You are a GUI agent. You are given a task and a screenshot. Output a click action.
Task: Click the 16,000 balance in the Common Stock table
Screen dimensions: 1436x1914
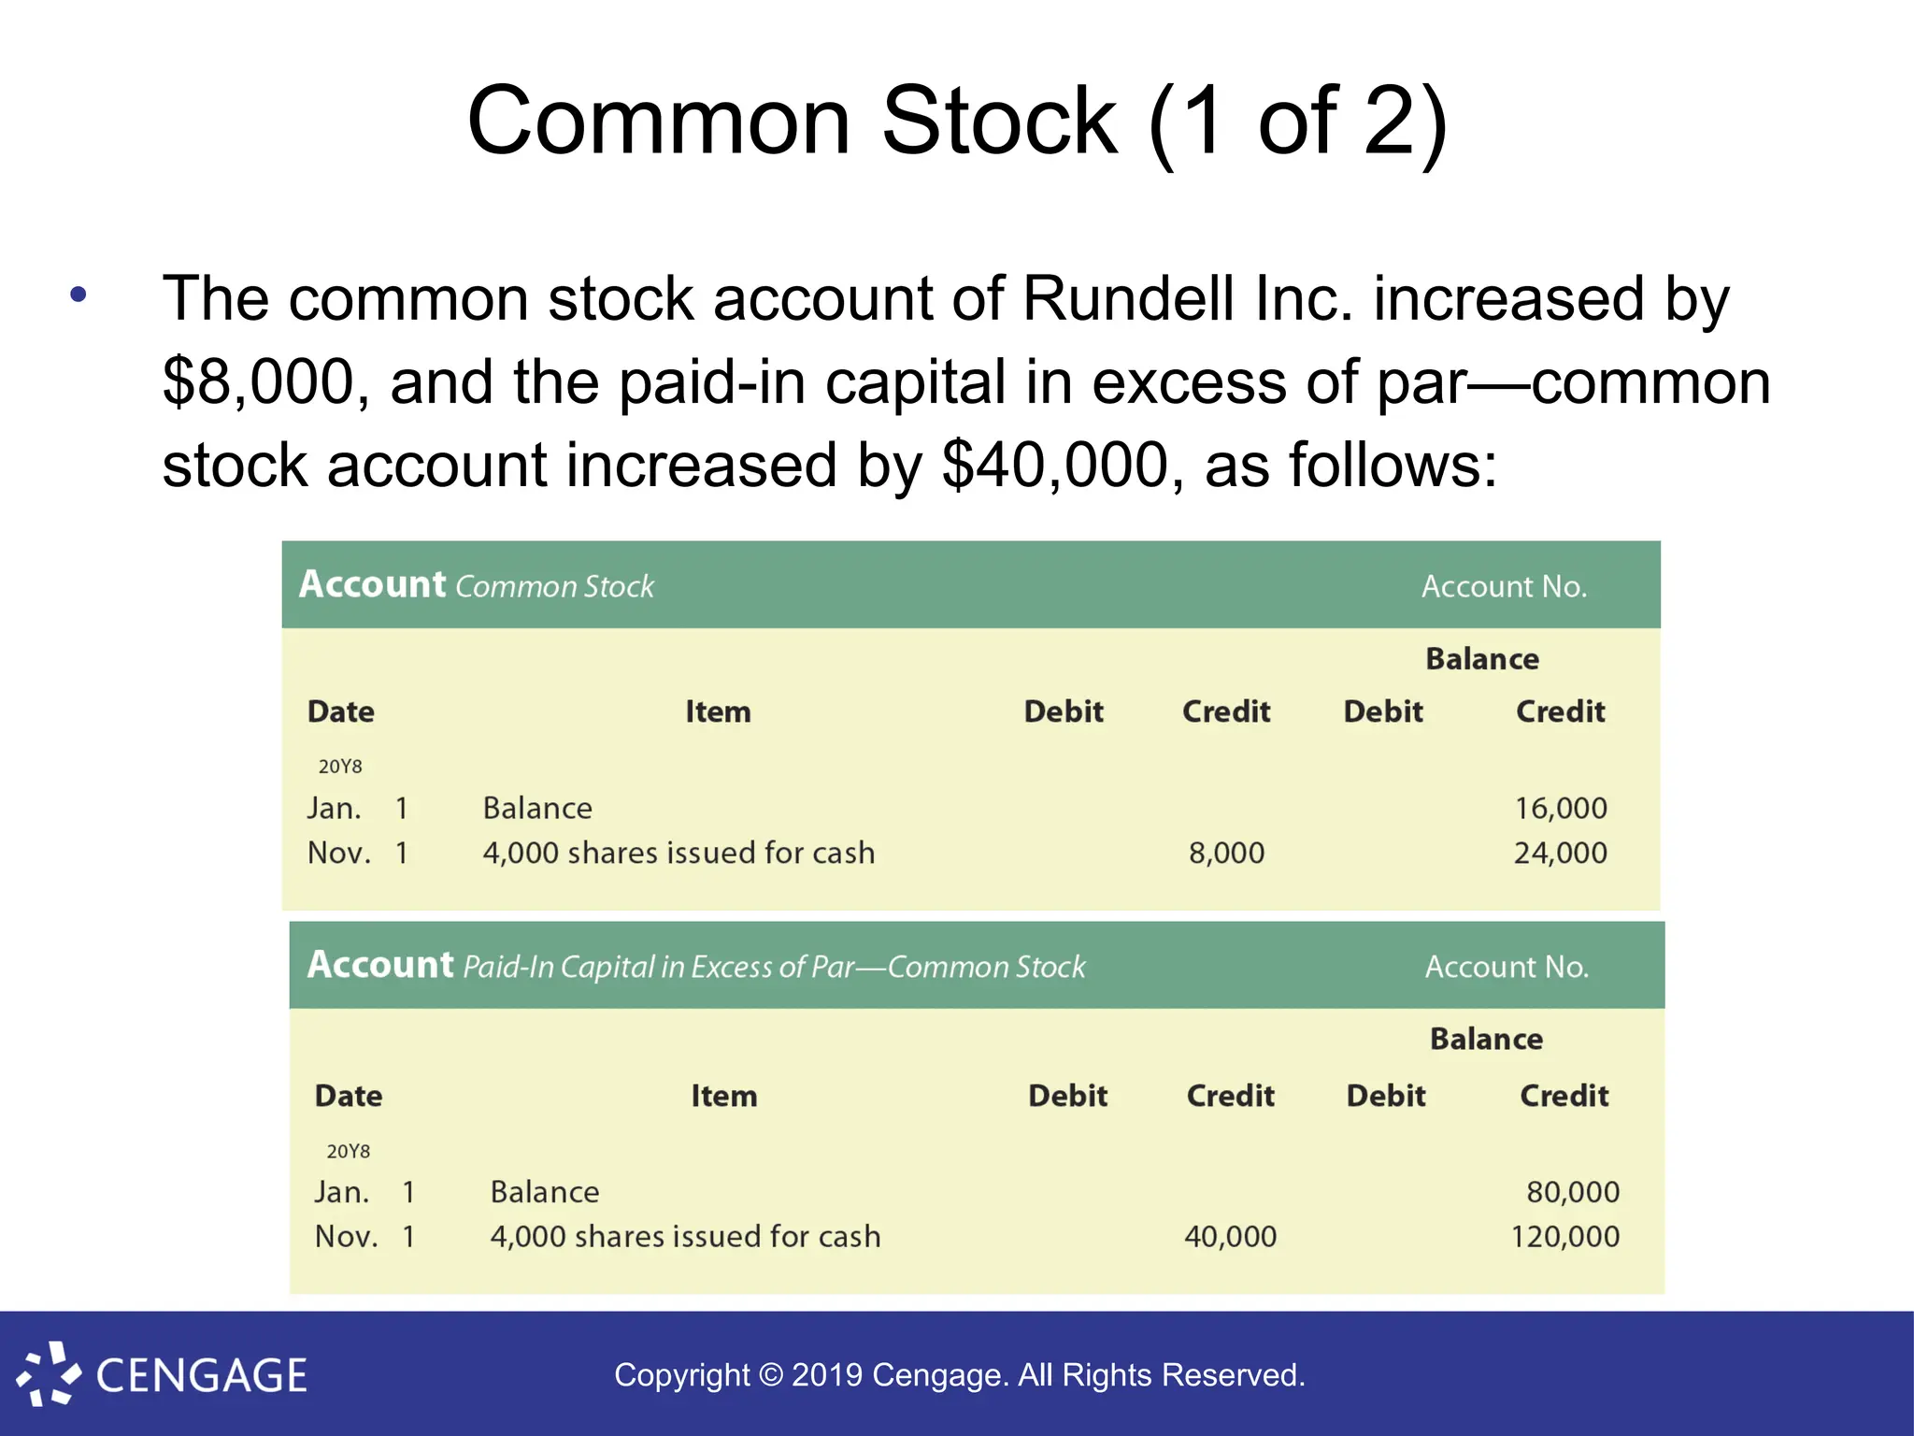tap(1560, 808)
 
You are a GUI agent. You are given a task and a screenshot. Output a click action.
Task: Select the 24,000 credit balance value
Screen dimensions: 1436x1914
tap(1560, 853)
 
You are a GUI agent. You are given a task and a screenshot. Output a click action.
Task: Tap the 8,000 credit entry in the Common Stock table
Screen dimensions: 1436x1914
tap(1226, 853)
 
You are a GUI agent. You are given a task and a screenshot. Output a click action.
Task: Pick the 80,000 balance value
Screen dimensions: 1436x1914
tap(1572, 1192)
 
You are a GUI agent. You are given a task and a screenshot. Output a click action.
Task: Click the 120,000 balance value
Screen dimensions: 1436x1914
tap(1564, 1237)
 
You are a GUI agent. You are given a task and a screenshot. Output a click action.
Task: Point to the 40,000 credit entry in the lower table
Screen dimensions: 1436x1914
tap(1230, 1237)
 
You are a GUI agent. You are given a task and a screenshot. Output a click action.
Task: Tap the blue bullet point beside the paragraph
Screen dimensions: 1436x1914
tap(79, 295)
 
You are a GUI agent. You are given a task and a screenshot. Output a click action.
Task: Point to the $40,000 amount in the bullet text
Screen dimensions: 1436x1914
tap(1055, 466)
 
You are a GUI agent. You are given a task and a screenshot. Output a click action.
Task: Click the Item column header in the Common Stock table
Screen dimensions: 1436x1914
tap(718, 712)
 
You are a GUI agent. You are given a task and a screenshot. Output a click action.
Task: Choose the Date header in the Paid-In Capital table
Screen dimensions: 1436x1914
tap(349, 1096)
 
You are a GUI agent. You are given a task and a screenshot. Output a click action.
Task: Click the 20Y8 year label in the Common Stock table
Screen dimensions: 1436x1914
tap(340, 767)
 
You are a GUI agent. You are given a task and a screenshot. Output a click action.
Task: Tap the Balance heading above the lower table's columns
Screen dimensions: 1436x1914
tap(1486, 1039)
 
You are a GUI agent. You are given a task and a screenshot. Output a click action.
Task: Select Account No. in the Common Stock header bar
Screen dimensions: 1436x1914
tap(1504, 586)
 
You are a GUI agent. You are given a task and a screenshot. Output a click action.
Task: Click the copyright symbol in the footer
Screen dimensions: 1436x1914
tap(771, 1375)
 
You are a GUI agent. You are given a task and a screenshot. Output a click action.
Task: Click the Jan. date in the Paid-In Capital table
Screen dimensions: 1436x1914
tap(341, 1192)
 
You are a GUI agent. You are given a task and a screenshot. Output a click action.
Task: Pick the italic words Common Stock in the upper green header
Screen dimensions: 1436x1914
tap(555, 586)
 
